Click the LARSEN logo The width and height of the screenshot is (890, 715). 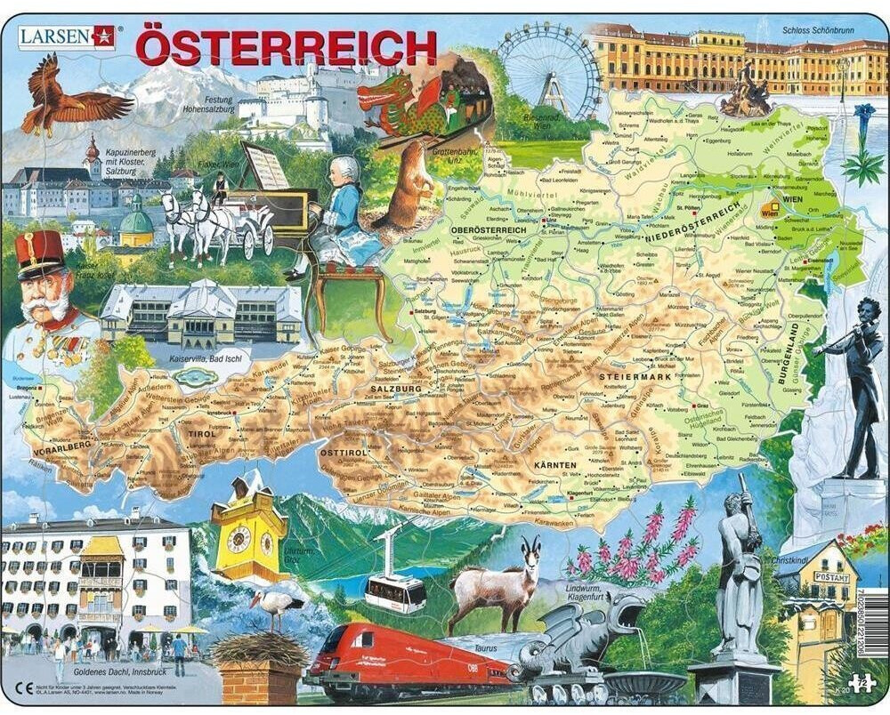coord(67,35)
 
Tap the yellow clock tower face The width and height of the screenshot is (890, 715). coord(238,538)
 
